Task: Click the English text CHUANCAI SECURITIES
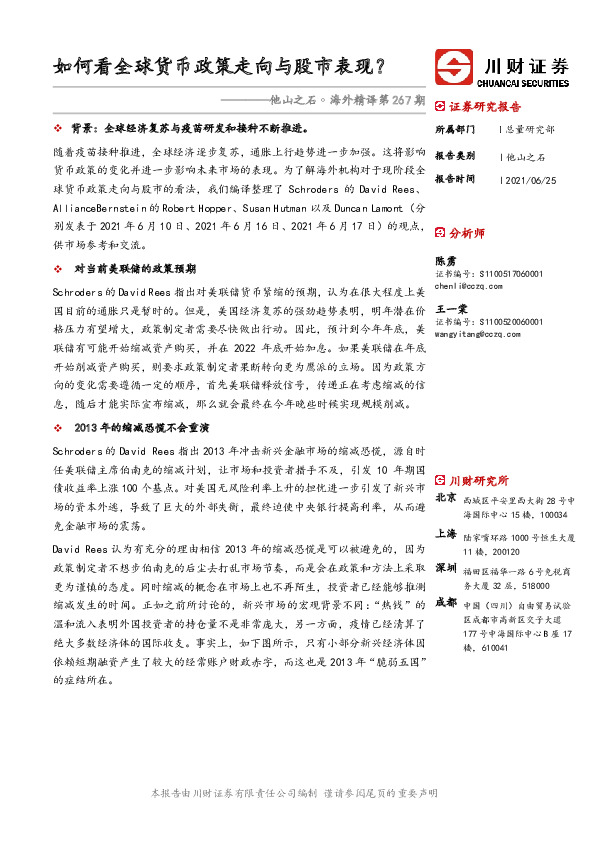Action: (527, 83)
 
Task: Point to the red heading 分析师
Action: (468, 232)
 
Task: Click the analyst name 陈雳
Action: (446, 258)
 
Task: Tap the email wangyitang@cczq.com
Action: (478, 334)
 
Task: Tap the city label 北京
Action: (446, 497)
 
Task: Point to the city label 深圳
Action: (446, 568)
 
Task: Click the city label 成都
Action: (446, 602)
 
